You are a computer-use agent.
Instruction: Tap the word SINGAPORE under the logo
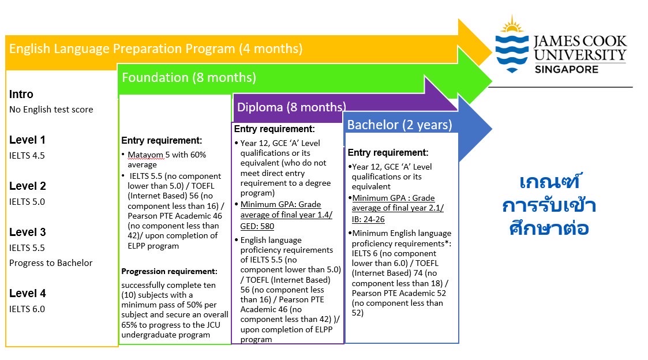(x=566, y=69)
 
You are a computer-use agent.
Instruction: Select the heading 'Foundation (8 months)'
(x=189, y=77)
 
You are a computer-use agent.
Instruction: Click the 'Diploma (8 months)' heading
(x=291, y=107)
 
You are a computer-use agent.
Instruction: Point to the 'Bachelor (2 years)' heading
(x=399, y=125)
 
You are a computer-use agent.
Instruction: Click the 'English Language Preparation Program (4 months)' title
(x=156, y=49)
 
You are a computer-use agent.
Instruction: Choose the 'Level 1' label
(x=27, y=140)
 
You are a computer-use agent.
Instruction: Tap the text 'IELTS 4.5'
(x=27, y=155)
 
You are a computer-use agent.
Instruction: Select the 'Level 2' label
(x=27, y=186)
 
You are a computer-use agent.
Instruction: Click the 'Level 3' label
(x=27, y=232)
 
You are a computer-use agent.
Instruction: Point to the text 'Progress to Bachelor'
(x=51, y=263)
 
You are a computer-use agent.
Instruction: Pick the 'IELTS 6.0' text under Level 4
(x=27, y=309)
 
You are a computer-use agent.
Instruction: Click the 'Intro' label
(x=21, y=94)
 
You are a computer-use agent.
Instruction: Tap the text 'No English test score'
(x=51, y=110)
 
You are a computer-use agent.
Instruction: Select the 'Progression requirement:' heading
(x=169, y=271)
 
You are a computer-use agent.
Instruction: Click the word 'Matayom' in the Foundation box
(x=145, y=155)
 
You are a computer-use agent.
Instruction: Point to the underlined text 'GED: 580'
(x=257, y=226)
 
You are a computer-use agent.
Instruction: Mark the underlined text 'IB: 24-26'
(x=368, y=219)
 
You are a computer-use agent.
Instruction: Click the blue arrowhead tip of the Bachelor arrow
(x=492, y=129)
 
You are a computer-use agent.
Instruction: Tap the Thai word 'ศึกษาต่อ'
(x=549, y=228)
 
